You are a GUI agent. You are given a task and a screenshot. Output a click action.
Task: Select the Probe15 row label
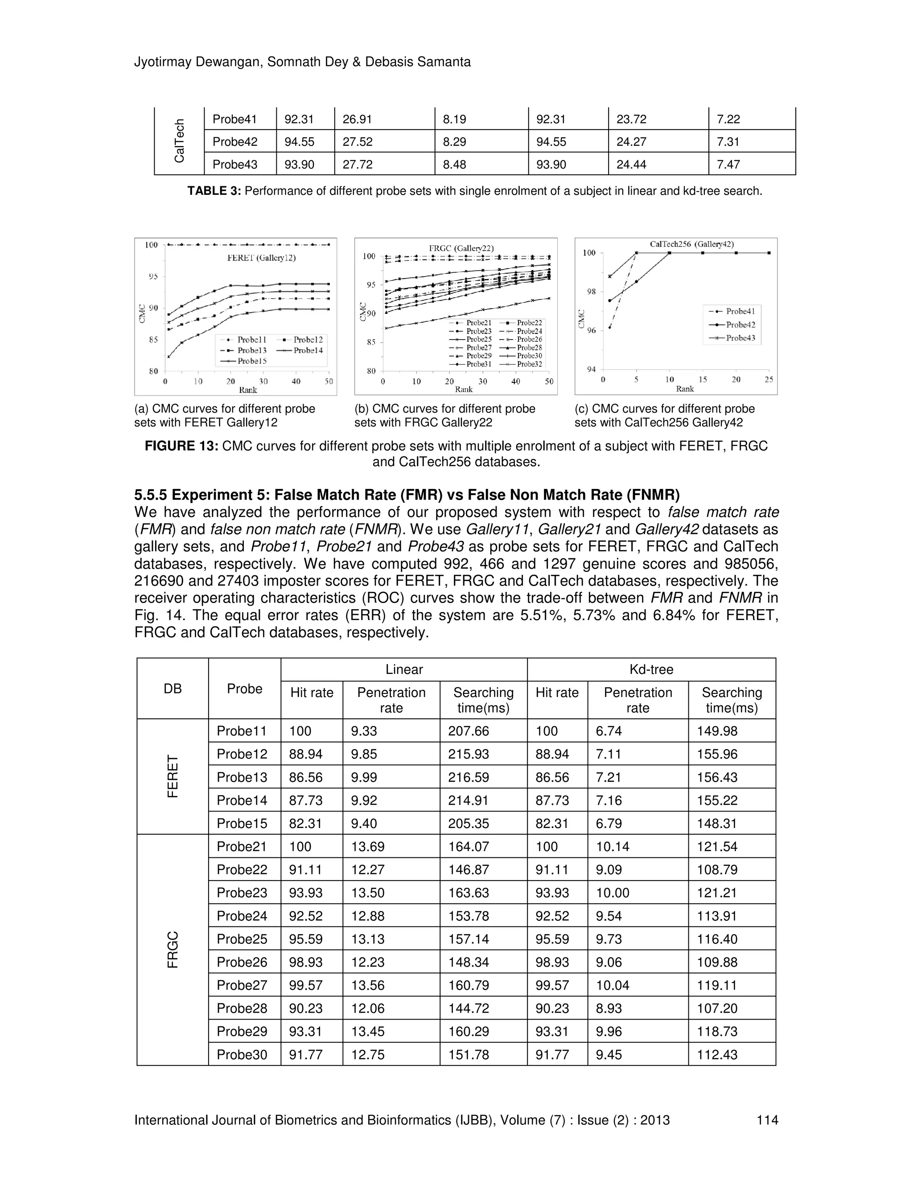pos(242,824)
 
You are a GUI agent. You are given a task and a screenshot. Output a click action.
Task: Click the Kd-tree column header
pos(651,669)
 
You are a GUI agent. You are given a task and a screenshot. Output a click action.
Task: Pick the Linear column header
pos(403,669)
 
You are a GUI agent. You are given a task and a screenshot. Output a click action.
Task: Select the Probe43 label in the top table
pos(235,164)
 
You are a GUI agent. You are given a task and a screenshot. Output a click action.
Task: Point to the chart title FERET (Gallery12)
pos(261,258)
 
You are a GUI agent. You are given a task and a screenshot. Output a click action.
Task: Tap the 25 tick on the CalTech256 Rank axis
pos(769,380)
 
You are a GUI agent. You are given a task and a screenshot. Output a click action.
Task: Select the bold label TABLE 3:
pos(214,191)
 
